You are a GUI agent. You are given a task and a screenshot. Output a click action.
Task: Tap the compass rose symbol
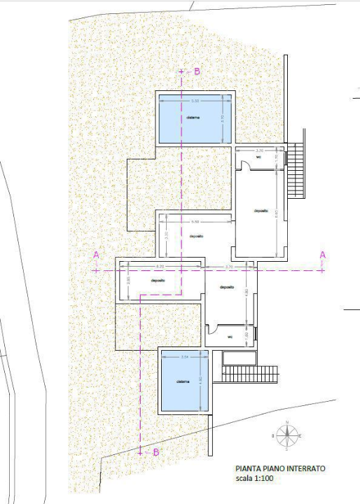click(x=286, y=435)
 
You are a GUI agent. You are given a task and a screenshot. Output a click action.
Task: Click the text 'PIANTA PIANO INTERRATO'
click(x=279, y=469)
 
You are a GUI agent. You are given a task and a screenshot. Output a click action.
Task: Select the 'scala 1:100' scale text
click(x=256, y=480)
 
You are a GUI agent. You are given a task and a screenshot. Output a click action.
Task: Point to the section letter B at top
click(x=197, y=71)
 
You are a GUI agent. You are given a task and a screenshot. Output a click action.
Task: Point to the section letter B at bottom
click(x=155, y=452)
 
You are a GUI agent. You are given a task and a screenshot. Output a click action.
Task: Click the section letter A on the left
click(x=96, y=255)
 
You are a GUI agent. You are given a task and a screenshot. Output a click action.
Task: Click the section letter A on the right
click(x=322, y=255)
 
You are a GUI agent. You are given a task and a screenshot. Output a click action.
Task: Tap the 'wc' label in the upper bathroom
click(x=258, y=157)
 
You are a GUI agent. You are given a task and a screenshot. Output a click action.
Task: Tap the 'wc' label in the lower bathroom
click(x=229, y=337)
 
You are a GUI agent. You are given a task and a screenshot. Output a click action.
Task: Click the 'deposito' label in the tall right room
click(x=261, y=210)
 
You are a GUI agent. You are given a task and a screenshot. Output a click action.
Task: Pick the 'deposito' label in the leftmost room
click(x=158, y=281)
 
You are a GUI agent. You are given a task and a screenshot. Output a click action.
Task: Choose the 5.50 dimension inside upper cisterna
click(x=194, y=101)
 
